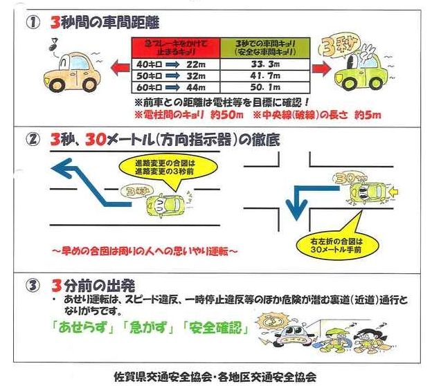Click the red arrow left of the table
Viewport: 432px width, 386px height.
tap(118, 68)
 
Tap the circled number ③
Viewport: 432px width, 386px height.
tap(32, 285)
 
